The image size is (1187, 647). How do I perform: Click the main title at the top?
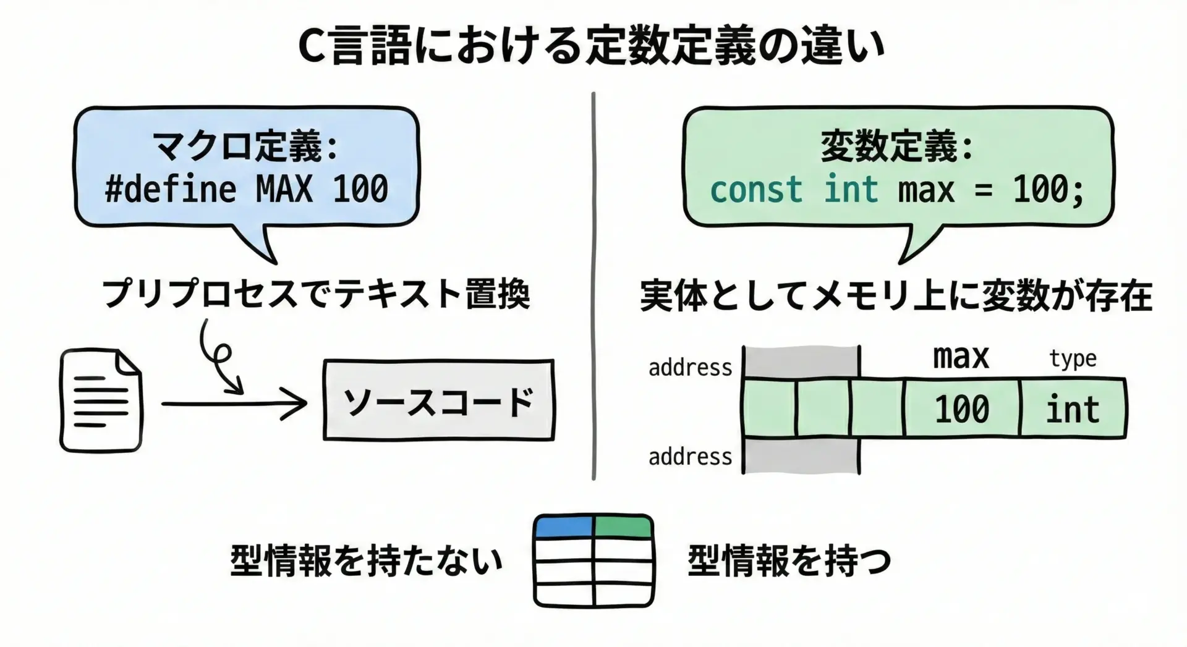tap(592, 47)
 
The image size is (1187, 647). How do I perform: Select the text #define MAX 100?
tap(246, 189)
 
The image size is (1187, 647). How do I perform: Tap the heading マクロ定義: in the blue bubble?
tap(246, 146)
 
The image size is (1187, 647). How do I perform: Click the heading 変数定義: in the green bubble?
tap(896, 146)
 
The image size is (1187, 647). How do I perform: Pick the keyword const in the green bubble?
tap(755, 189)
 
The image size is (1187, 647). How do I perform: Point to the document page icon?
tap(101, 400)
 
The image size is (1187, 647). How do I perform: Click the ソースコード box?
tap(438, 400)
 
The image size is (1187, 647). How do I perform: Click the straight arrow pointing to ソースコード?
tap(234, 404)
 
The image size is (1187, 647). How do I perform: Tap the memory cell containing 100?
tap(961, 409)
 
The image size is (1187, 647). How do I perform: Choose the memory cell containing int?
tap(1073, 409)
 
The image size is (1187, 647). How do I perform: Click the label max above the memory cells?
tap(961, 358)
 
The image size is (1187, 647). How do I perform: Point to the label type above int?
tap(1073, 358)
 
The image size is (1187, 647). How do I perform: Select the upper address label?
tap(690, 368)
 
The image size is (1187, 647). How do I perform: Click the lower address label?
tap(690, 457)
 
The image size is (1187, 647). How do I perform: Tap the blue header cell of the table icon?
tap(564, 526)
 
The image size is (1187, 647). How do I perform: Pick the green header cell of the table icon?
tap(623, 526)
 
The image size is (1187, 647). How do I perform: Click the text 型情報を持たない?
tap(366, 561)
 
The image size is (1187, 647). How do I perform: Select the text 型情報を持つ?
tap(789, 561)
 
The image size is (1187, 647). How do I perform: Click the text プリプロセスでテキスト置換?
tap(316, 294)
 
